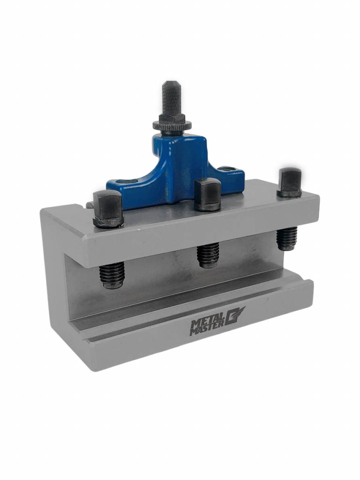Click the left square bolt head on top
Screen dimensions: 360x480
[x=108, y=206]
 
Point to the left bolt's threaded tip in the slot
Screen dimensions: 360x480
[x=112, y=275]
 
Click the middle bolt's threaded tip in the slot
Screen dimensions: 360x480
[x=208, y=255]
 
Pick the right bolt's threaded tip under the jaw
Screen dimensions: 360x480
[x=287, y=238]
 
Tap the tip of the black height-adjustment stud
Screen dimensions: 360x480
[x=171, y=83]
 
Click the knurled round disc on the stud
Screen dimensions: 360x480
[x=172, y=126]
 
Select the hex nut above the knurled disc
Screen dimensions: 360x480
[x=172, y=118]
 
